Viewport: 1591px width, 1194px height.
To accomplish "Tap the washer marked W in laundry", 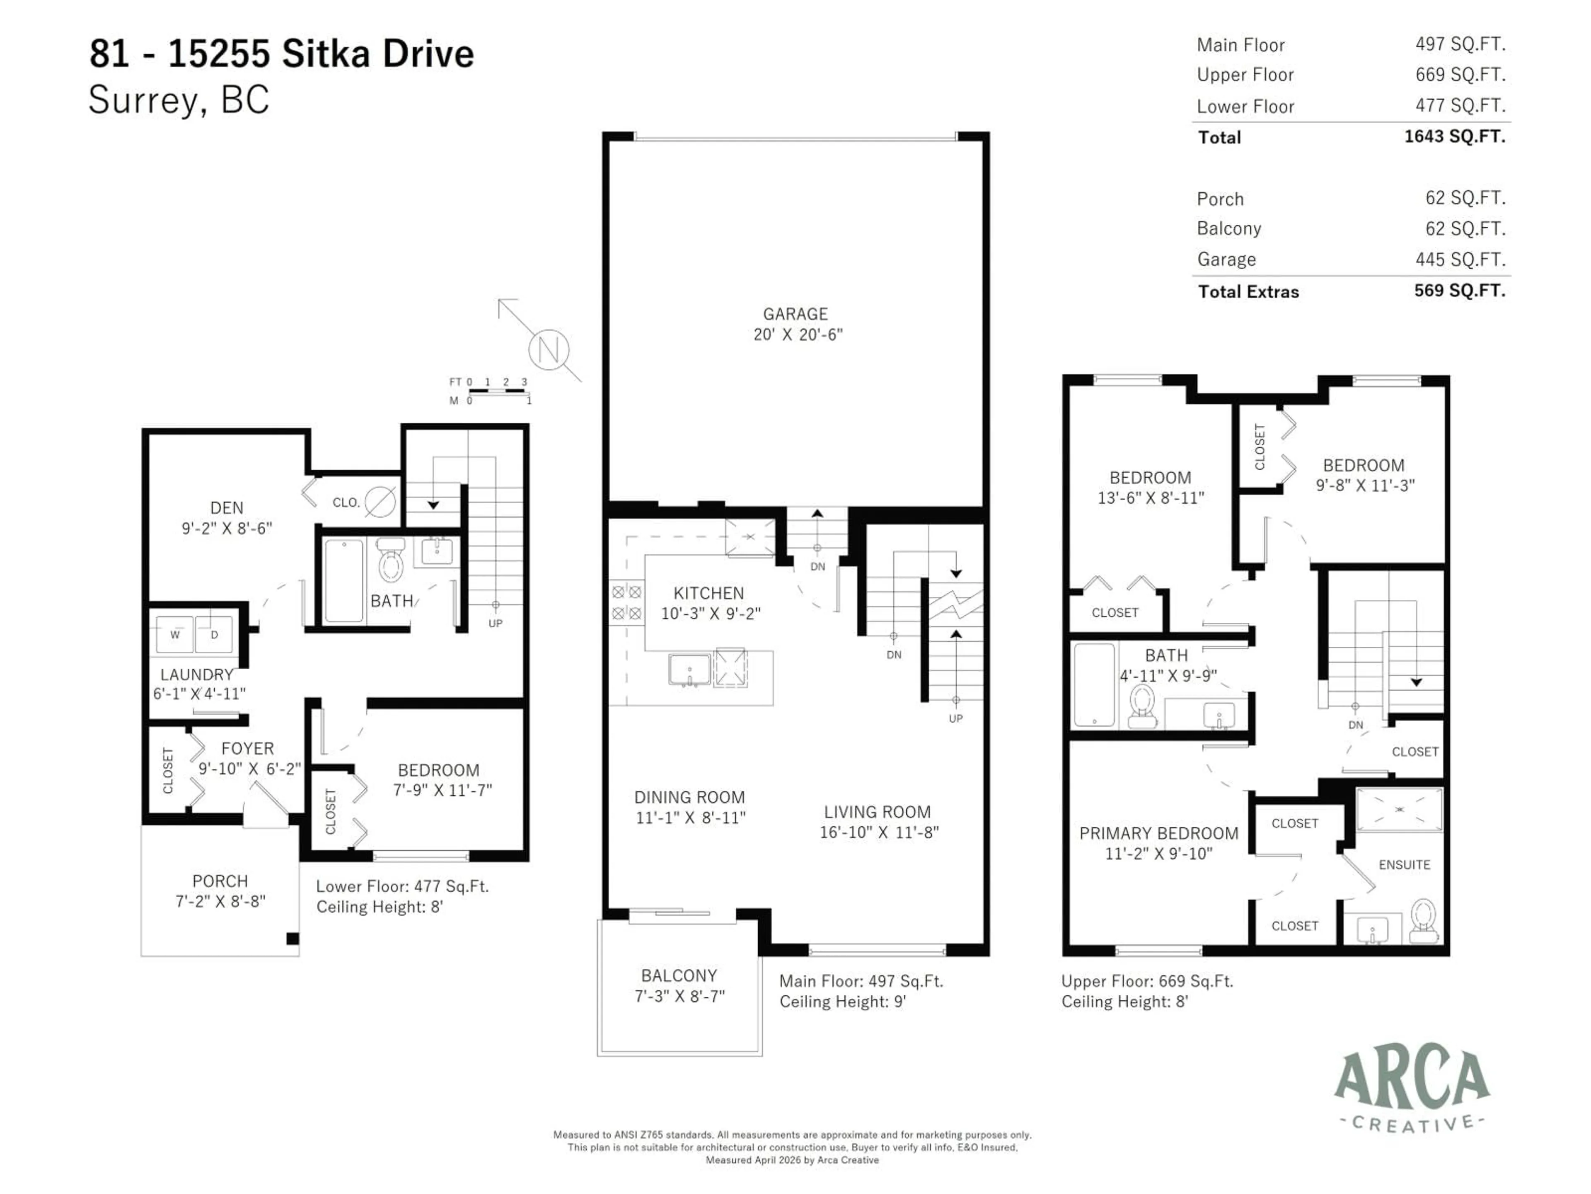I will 175,634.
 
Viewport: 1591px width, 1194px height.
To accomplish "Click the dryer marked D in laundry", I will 214,634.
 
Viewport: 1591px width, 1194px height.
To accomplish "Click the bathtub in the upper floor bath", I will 1094,684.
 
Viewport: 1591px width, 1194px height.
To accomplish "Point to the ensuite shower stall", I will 1399,810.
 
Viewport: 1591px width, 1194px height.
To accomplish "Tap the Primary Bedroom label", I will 1159,833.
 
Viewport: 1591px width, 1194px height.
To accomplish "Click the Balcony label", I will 679,975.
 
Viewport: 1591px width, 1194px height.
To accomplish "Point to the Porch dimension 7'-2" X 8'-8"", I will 220,901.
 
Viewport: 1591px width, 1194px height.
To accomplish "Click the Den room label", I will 227,507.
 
